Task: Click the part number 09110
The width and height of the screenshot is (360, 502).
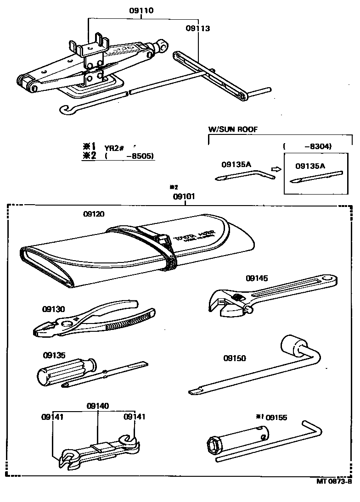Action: [x=141, y=11]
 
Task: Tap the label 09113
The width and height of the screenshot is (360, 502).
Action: [x=198, y=28]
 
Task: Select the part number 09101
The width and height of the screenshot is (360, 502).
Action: [x=184, y=196]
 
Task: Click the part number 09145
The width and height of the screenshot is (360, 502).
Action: [x=257, y=278]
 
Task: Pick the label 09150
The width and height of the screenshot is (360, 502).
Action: [x=235, y=357]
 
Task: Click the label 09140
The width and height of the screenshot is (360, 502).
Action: [x=98, y=406]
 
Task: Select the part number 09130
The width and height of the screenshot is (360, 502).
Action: [x=54, y=309]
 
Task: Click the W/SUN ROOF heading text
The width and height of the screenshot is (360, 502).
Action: [x=233, y=129]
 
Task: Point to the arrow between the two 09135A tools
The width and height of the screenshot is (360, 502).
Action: [x=276, y=169]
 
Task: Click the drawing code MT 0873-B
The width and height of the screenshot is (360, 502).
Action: [x=334, y=481]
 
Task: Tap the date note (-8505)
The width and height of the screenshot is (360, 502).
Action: [x=129, y=156]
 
